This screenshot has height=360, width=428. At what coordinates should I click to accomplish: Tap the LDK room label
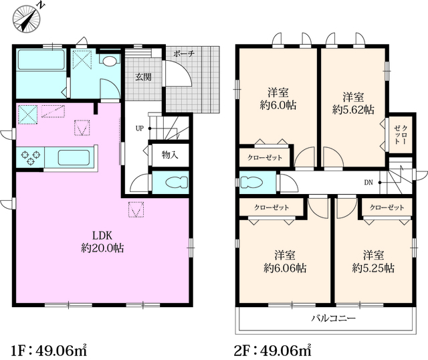102,235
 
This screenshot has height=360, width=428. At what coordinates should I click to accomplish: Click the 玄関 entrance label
143,77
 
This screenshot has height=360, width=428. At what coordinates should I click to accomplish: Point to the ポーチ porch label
184,54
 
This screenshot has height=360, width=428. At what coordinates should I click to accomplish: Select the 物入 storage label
170,155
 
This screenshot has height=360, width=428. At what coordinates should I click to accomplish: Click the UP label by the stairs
140,128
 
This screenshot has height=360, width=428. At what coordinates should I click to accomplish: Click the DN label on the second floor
368,183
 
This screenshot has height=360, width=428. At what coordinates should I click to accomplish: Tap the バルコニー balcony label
334,319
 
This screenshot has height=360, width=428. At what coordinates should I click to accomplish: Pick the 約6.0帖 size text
278,105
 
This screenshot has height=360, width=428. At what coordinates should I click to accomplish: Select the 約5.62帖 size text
353,110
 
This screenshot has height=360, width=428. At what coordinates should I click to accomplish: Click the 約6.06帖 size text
285,268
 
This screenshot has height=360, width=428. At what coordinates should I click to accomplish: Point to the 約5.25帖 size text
373,268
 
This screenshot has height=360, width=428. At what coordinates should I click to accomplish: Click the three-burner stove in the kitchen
30,157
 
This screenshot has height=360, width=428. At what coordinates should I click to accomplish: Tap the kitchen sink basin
74,157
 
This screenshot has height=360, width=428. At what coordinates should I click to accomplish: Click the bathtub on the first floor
41,60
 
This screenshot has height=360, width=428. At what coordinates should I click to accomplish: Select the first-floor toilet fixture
177,182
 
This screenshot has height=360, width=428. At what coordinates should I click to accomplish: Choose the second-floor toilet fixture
251,182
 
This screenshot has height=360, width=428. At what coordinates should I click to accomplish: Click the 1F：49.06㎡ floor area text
49,351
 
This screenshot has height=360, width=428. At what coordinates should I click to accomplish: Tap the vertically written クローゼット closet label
401,134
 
